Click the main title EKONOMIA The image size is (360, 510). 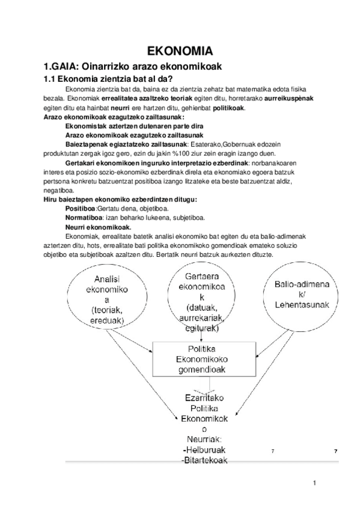(179, 51)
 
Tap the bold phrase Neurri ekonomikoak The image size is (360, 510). (98, 227)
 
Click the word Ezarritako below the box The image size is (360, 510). (203, 398)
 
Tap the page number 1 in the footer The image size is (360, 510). (314, 483)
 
